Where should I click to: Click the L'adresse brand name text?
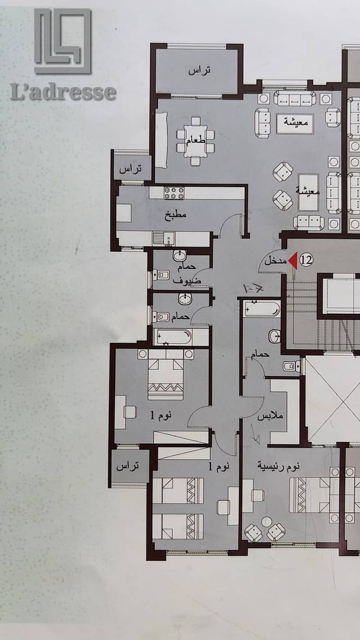[x=63, y=91]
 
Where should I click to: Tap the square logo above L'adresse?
[x=63, y=41]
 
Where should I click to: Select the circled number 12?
[x=306, y=260]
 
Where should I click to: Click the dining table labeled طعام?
[x=195, y=141]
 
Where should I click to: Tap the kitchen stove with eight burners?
[x=174, y=193]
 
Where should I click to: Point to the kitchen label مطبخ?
[x=175, y=214]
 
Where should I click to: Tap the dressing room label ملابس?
[x=270, y=415]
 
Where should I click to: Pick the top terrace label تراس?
[x=199, y=70]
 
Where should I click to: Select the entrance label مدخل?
[x=275, y=261]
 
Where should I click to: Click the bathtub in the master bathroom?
[x=262, y=309]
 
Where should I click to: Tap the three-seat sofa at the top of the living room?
[x=295, y=99]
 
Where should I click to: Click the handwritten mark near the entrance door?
[x=253, y=289]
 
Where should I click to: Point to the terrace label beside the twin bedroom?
[x=128, y=466]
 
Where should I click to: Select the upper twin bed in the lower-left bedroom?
[x=178, y=491]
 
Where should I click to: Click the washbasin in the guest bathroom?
[x=180, y=255]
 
